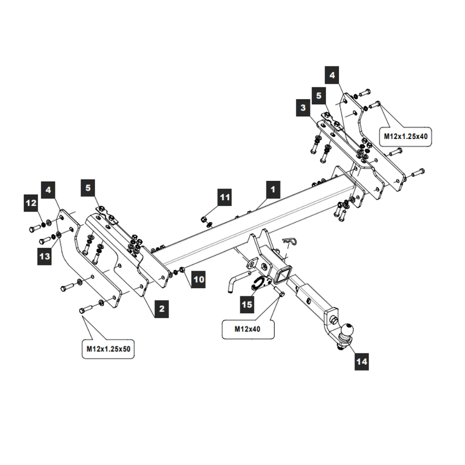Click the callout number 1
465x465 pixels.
click(x=273, y=190)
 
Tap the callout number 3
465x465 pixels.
click(x=303, y=108)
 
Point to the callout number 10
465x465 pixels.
click(x=198, y=279)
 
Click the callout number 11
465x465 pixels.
click(x=225, y=198)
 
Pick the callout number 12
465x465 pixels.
click(x=31, y=203)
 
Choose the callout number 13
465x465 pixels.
click(x=45, y=256)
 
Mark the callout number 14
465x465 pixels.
click(x=362, y=361)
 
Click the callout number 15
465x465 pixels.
click(x=247, y=305)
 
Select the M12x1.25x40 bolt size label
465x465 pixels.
click(x=405, y=136)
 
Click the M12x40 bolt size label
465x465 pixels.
click(x=247, y=329)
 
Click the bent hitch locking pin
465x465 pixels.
click(x=235, y=281)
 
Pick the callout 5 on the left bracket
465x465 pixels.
click(x=88, y=188)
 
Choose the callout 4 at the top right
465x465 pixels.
click(x=332, y=75)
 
